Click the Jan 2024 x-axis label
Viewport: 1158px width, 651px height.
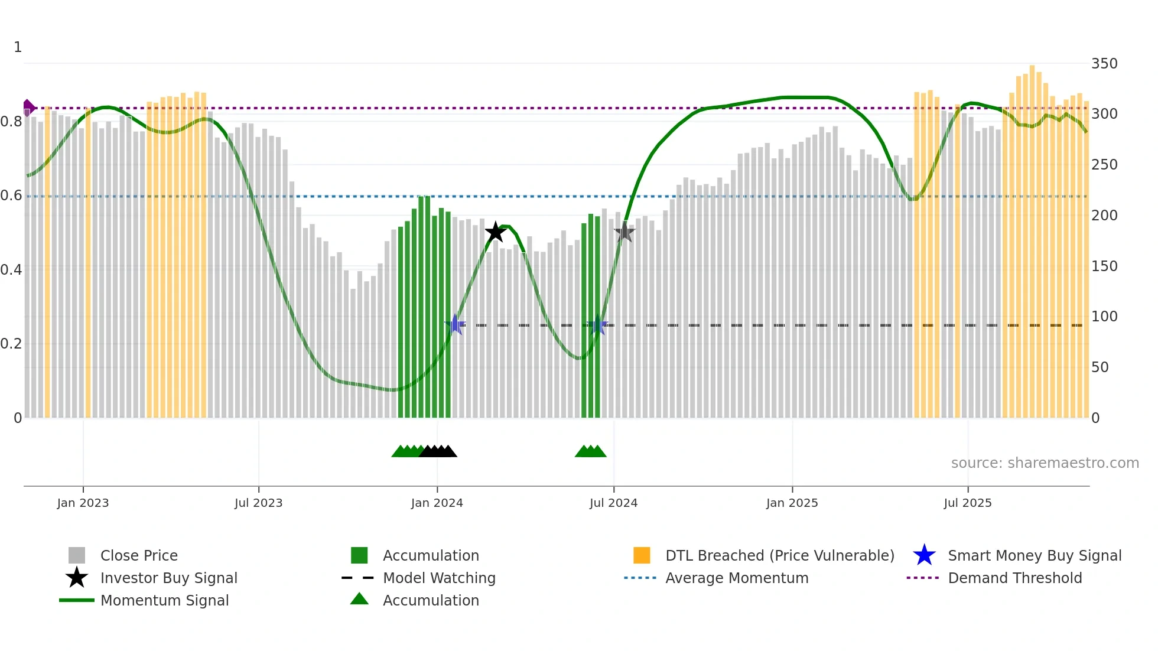[x=437, y=503]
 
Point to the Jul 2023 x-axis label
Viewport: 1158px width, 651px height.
[x=258, y=503]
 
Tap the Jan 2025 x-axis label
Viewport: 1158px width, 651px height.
[x=792, y=503]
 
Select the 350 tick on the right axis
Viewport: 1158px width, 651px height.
[x=1104, y=64]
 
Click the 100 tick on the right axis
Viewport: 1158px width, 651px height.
[x=1104, y=317]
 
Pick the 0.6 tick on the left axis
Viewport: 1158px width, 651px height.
[x=11, y=196]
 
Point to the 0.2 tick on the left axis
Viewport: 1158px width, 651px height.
[x=11, y=344]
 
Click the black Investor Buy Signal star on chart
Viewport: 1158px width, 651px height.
[x=495, y=232]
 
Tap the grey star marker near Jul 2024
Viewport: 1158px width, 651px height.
[x=624, y=232]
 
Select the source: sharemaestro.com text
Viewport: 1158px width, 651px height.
[x=1045, y=463]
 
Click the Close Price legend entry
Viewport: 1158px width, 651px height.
[x=139, y=555]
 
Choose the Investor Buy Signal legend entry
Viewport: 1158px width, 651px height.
[x=168, y=578]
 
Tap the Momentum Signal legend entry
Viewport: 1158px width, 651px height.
[x=164, y=600]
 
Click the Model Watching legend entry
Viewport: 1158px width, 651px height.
[x=439, y=578]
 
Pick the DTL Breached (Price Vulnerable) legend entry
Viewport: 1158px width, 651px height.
[x=779, y=555]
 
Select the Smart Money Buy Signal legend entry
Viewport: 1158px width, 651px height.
[x=1034, y=555]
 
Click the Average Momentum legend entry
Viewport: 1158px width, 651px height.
[x=737, y=578]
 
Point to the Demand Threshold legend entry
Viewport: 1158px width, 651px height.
[x=1014, y=578]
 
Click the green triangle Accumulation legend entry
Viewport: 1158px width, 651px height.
[x=431, y=600]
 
